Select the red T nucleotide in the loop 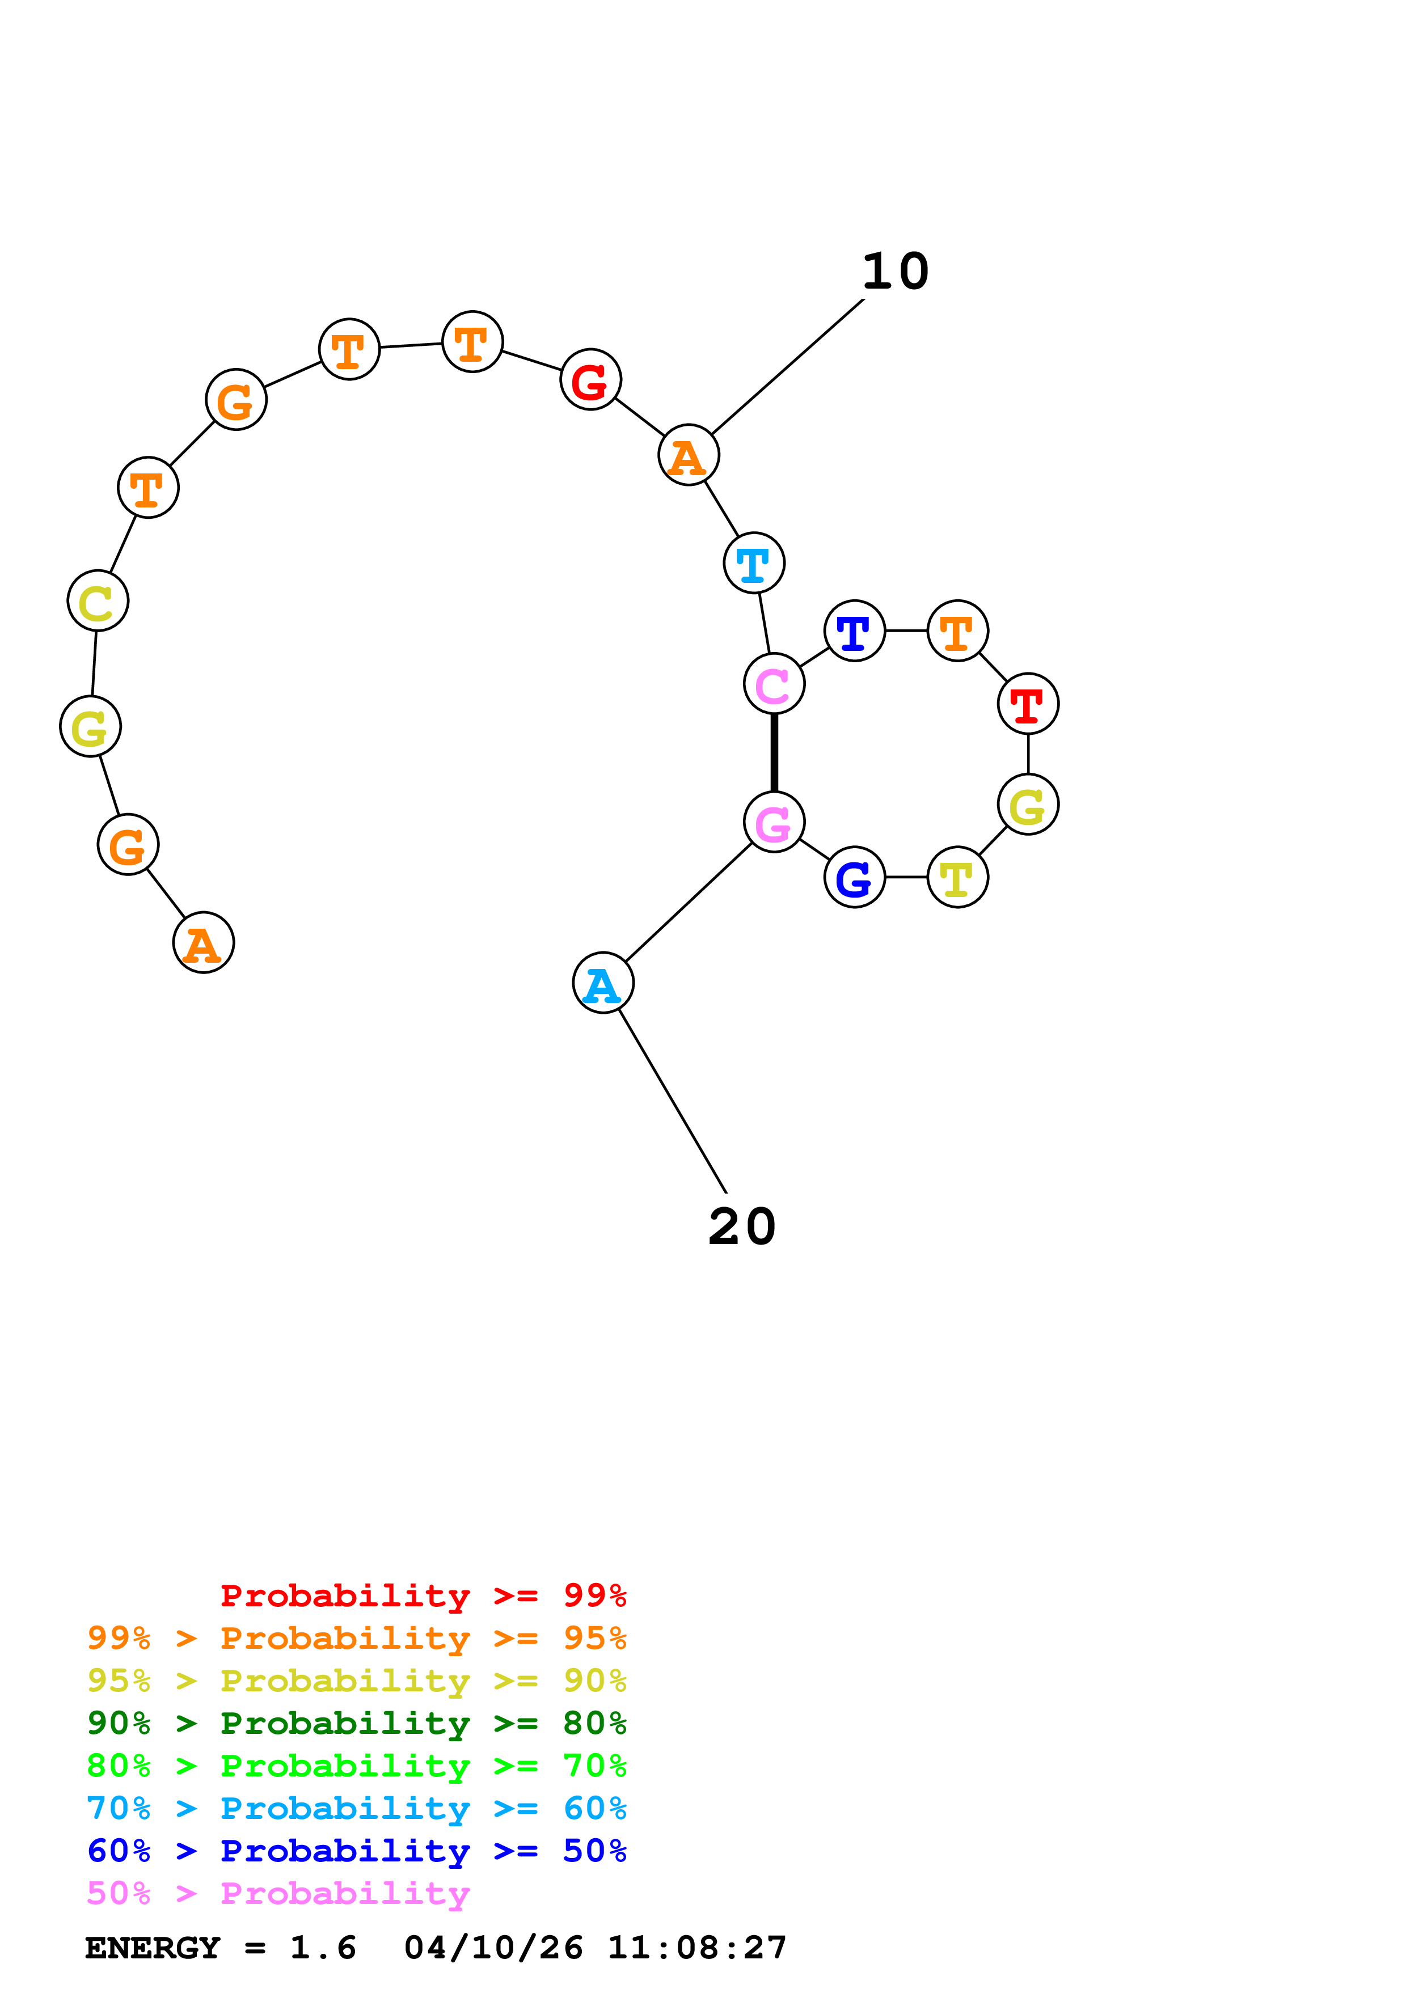click(x=1028, y=704)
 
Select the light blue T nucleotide click(x=754, y=563)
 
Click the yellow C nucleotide click(x=98, y=601)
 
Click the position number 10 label click(x=896, y=272)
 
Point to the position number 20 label click(x=742, y=1228)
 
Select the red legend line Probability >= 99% click(x=424, y=1596)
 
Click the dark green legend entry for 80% click(x=357, y=1723)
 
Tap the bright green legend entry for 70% click(x=357, y=1766)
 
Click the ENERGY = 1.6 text click(x=221, y=1948)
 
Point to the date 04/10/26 click(x=494, y=1948)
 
